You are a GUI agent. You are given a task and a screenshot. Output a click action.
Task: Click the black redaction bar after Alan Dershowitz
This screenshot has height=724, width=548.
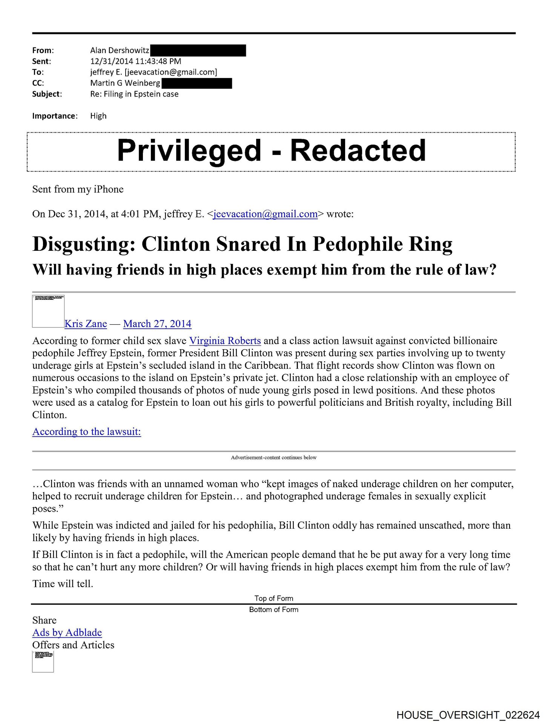tap(198, 50)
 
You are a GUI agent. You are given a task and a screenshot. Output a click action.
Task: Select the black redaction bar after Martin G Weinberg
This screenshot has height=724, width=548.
tap(196, 83)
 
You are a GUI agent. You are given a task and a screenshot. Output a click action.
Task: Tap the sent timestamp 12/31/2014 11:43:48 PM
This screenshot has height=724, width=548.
tap(136, 61)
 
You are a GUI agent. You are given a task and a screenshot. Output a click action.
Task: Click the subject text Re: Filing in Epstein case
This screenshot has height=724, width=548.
tap(134, 94)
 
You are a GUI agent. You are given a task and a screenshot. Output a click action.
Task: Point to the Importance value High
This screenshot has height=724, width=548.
tap(98, 116)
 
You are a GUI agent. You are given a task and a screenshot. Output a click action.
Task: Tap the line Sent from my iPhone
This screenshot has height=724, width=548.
tap(78, 189)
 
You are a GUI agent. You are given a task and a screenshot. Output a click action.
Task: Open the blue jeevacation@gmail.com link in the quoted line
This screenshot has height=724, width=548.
tap(265, 214)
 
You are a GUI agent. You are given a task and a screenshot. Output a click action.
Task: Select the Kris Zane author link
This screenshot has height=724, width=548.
tap(86, 324)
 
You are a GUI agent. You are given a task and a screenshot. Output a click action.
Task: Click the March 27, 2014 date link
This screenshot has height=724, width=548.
tap(157, 324)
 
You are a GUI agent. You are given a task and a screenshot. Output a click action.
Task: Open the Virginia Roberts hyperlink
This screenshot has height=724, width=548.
tap(225, 341)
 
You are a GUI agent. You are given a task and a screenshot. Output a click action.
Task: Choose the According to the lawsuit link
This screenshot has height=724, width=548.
tap(87, 431)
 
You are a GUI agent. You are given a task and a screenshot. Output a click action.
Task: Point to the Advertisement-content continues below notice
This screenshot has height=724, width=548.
tap(274, 457)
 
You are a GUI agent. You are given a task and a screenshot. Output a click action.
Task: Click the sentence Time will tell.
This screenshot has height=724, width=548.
tap(63, 584)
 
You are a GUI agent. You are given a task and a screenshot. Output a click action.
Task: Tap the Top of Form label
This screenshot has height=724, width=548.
tap(274, 598)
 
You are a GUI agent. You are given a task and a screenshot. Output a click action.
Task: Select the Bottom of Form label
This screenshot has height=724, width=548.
tap(274, 610)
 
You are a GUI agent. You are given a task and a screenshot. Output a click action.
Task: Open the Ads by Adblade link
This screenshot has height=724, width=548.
tap(67, 632)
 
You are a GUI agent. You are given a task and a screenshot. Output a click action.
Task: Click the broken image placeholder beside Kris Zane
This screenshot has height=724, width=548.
tap(48, 311)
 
